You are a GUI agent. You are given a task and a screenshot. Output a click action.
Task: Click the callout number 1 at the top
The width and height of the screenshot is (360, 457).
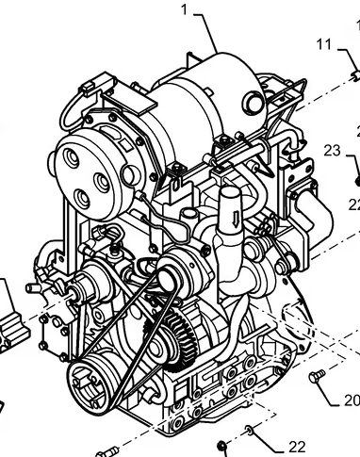point(185,10)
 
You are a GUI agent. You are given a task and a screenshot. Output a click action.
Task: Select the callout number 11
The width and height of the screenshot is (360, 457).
point(323,44)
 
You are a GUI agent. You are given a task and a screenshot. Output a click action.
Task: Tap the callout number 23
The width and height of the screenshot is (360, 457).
point(332,150)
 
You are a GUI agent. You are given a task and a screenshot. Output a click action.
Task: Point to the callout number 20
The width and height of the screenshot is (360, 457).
point(351,400)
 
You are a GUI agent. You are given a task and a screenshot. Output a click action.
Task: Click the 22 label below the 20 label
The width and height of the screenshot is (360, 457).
point(297,446)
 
